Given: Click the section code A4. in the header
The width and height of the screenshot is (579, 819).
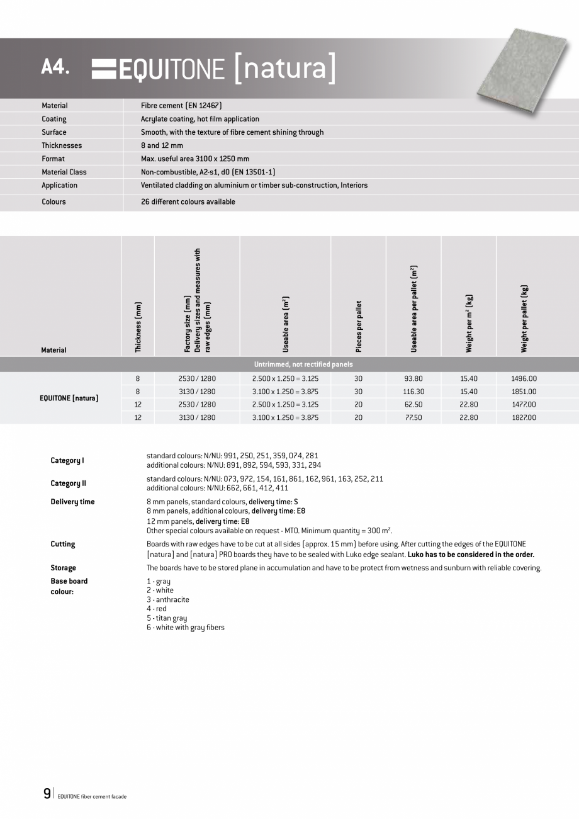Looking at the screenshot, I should click(x=55, y=67).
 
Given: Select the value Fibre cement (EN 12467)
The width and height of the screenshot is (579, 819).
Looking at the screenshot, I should click(x=181, y=106).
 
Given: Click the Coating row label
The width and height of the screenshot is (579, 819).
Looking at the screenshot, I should click(x=54, y=119).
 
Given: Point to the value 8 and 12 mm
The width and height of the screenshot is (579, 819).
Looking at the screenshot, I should click(x=162, y=145).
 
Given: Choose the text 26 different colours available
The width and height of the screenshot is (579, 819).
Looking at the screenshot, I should click(x=188, y=202).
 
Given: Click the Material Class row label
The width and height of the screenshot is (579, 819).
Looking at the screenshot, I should click(x=64, y=172).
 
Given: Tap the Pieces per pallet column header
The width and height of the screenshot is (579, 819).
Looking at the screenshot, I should click(x=359, y=326).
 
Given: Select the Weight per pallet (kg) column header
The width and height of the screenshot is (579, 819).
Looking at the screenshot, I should click(x=524, y=319).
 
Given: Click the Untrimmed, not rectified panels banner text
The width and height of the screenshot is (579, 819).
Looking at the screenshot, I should click(x=303, y=364).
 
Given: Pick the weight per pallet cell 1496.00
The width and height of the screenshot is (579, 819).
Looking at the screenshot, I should click(x=524, y=378).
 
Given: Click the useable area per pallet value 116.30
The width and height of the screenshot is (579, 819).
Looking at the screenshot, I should click(x=413, y=392).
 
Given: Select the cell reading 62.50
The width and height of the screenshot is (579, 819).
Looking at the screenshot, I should click(x=413, y=405).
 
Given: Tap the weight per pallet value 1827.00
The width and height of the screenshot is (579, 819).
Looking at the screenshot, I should click(x=524, y=417).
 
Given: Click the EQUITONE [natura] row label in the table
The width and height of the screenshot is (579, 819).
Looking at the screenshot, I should click(x=69, y=398).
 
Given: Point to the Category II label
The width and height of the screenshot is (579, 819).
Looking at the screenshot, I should click(x=68, y=483).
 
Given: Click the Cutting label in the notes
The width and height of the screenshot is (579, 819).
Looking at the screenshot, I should click(x=62, y=544).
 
